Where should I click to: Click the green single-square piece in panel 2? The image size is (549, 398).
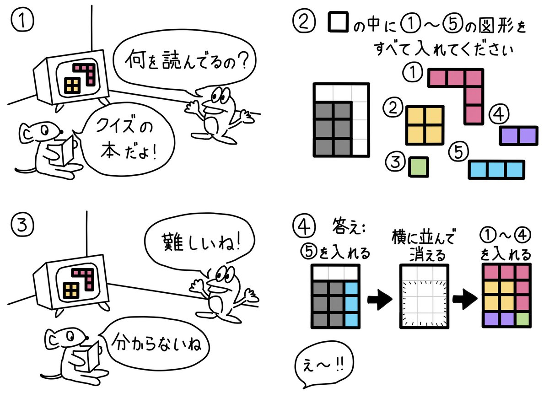419,167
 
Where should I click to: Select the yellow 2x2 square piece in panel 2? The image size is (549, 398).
425,125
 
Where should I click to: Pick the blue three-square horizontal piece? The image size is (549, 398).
496,169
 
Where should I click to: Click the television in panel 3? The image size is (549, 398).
73,282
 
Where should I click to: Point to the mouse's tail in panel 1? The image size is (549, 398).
27,170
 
